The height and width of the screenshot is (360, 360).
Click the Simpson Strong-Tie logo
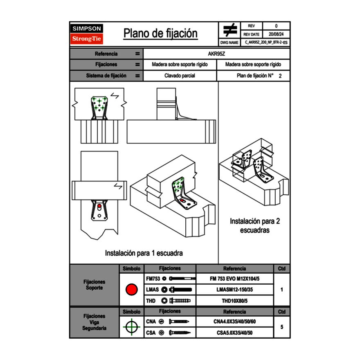87,34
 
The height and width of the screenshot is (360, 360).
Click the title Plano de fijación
160,34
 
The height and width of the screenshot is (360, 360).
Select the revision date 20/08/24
276,34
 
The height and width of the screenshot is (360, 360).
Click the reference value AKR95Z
216,54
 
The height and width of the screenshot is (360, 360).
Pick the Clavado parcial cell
180,76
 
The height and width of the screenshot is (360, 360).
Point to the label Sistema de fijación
106,76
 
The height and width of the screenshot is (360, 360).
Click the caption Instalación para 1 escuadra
144,253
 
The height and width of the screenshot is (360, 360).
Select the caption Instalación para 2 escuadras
254,225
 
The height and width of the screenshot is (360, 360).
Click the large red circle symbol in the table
131,290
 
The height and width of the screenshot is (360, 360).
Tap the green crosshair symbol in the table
131,327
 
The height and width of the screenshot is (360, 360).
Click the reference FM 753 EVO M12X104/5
234,279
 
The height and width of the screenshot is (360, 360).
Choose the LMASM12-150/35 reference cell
234,290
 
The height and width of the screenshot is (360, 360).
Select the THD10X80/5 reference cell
234,301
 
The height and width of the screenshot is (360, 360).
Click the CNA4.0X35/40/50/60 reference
234,322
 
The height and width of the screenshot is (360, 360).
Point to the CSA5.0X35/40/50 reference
234,333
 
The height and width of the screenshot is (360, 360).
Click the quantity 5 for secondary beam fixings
281,327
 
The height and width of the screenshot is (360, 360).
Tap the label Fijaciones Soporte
94,285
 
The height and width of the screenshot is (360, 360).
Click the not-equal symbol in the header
230,30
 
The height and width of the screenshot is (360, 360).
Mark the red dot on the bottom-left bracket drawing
99,207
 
